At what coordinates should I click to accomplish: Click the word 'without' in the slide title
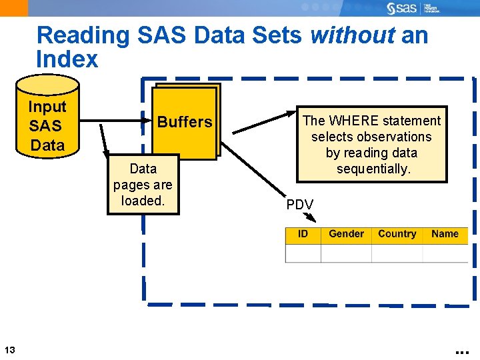[x=353, y=35]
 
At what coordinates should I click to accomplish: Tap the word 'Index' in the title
[x=67, y=59]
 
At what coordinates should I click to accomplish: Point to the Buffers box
[x=185, y=122]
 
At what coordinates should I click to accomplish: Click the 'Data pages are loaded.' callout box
[x=143, y=185]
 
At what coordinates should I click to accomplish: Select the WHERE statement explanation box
[x=371, y=144]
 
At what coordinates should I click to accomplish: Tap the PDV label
[x=299, y=205]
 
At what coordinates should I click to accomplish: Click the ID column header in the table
[x=303, y=234]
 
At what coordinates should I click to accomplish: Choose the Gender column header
[x=346, y=234]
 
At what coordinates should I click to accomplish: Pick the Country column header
[x=397, y=234]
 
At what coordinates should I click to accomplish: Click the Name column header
[x=445, y=234]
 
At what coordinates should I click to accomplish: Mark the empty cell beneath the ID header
[x=303, y=253]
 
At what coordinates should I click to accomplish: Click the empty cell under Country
[x=397, y=253]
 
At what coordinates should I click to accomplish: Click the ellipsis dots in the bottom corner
[x=462, y=350]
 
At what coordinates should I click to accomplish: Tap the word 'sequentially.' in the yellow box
[x=372, y=169]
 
